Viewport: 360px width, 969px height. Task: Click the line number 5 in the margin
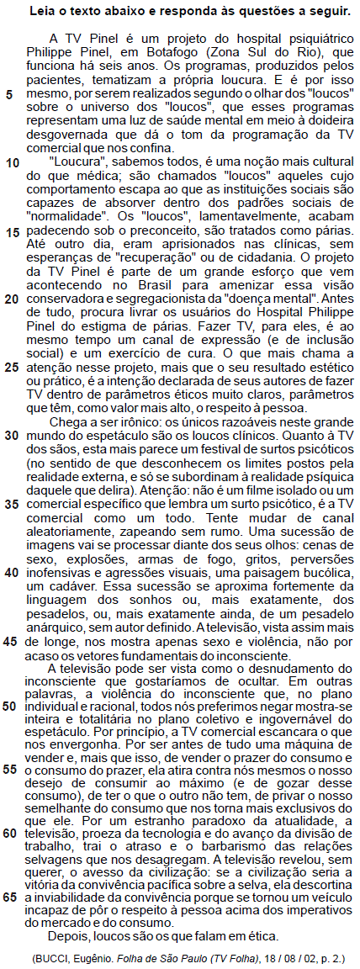click(x=9, y=93)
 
